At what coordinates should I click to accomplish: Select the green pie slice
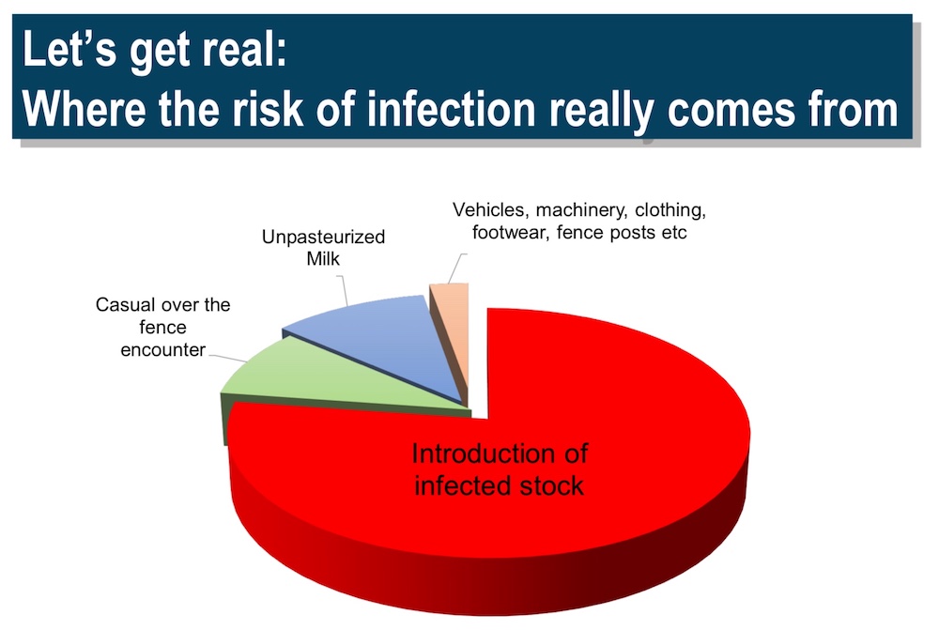[335, 383]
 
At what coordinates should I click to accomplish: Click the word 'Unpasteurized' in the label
[323, 237]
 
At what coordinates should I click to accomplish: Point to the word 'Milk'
[323, 259]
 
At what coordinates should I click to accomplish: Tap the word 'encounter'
[162, 349]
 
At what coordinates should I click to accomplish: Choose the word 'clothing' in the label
[670, 210]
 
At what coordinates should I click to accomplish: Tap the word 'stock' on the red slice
[551, 485]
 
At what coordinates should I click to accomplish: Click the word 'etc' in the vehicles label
[674, 232]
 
